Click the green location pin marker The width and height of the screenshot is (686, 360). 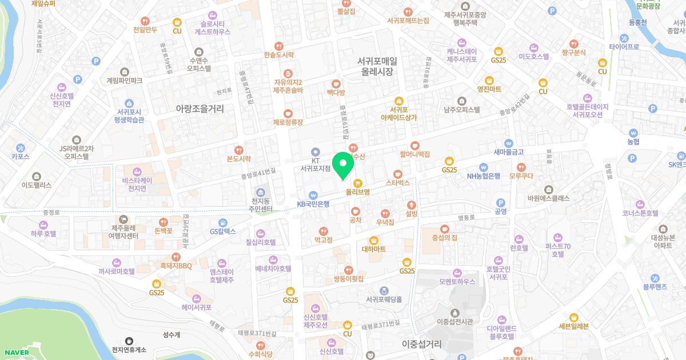coord(343,165)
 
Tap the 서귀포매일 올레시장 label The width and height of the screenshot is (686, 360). coord(377,66)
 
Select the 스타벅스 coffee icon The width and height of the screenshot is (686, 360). coord(398,174)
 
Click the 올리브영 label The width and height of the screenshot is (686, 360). coord(358,192)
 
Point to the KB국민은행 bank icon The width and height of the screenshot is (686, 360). coord(313,194)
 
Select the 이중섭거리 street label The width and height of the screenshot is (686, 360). coord(422,344)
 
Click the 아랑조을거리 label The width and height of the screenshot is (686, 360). coord(200,108)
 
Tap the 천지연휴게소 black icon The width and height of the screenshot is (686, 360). coord(129,341)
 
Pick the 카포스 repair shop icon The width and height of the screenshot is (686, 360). coord(21,146)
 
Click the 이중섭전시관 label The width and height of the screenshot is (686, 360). coord(455,322)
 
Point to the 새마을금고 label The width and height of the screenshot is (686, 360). coord(509,152)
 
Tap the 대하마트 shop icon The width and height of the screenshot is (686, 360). coord(374,240)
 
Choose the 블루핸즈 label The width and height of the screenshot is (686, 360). coord(655,287)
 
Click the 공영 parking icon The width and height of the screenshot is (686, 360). coord(501,202)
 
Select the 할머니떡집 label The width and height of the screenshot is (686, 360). coord(414,154)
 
